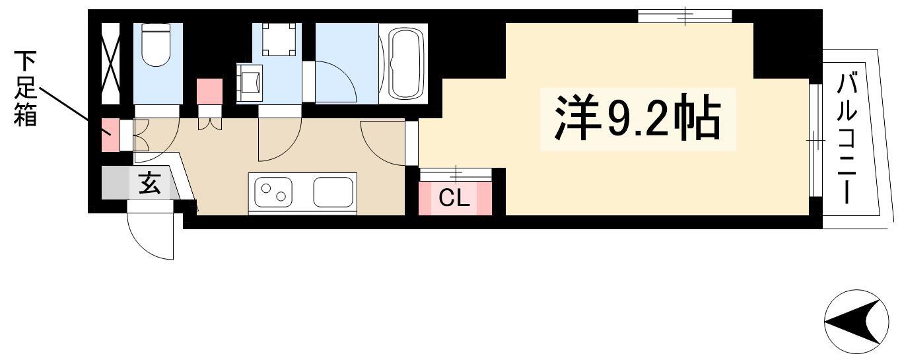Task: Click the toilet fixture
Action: click(156, 45)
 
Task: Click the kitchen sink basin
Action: click(333, 192)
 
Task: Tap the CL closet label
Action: click(454, 198)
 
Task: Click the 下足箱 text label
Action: click(25, 89)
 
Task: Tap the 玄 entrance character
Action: click(149, 183)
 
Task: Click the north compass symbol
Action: click(856, 322)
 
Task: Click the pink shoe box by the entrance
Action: click(110, 135)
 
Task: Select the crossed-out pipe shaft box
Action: click(110, 63)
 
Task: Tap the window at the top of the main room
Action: click(685, 16)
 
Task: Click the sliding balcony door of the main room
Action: click(815, 140)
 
